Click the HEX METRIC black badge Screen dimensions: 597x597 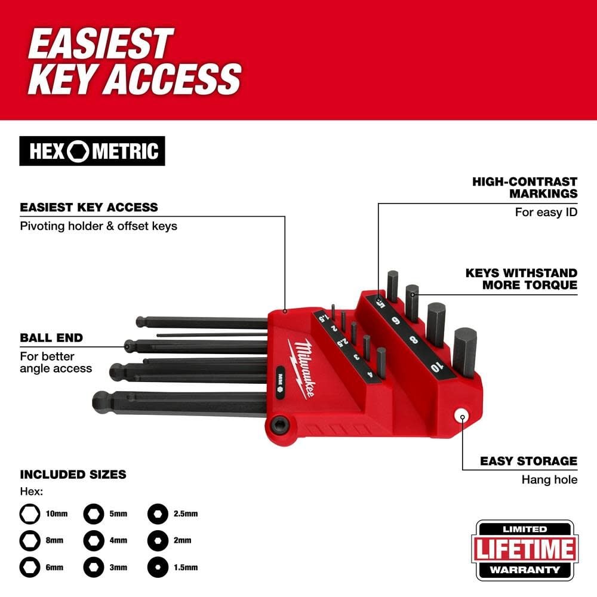92,151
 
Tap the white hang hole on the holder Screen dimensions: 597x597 461,416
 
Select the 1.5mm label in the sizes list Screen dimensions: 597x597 186,567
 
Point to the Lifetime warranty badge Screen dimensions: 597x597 525,550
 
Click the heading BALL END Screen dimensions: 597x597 51,338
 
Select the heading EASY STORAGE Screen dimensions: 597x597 528,461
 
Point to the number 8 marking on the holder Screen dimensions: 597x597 414,342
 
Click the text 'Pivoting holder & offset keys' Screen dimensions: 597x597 99,226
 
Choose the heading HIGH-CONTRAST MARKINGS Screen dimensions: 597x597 525,187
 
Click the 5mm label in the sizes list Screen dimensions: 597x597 118,513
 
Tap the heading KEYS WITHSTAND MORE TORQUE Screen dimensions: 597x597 521,278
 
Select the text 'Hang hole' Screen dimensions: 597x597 549,479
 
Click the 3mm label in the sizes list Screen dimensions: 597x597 118,567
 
